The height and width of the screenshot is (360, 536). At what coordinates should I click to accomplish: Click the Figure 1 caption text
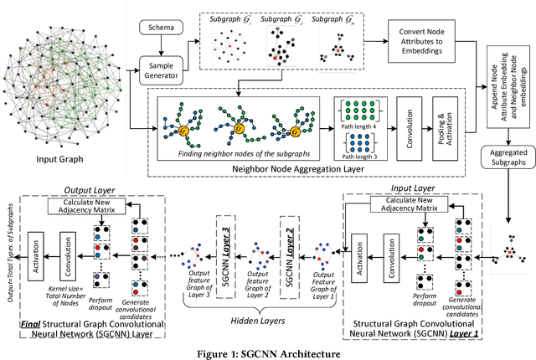point(267,352)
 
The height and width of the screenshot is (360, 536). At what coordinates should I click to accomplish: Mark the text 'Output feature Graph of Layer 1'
point(324,282)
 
